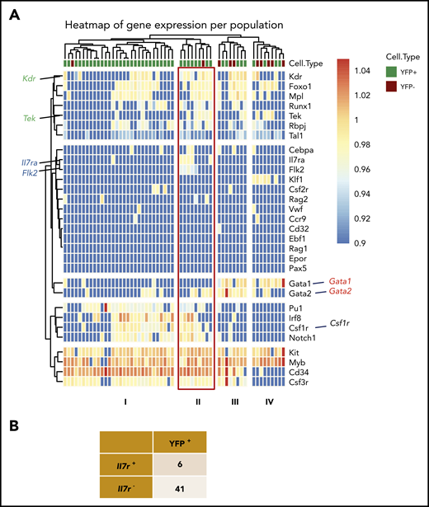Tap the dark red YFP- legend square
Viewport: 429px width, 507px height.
(x=358, y=94)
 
